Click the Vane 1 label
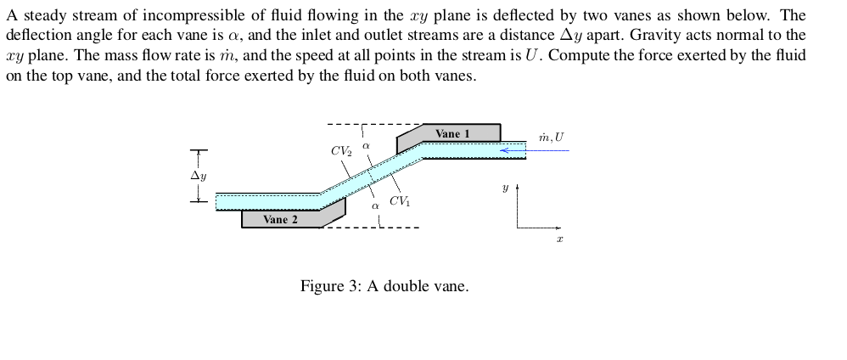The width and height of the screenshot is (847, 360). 452,133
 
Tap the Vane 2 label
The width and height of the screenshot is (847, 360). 280,219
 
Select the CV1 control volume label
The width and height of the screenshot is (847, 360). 400,201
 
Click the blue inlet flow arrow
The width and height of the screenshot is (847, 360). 513,150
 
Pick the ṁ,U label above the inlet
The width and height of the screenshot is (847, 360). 551,137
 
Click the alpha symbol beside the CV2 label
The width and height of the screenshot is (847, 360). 366,147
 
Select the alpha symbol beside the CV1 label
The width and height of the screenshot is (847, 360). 374,205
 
